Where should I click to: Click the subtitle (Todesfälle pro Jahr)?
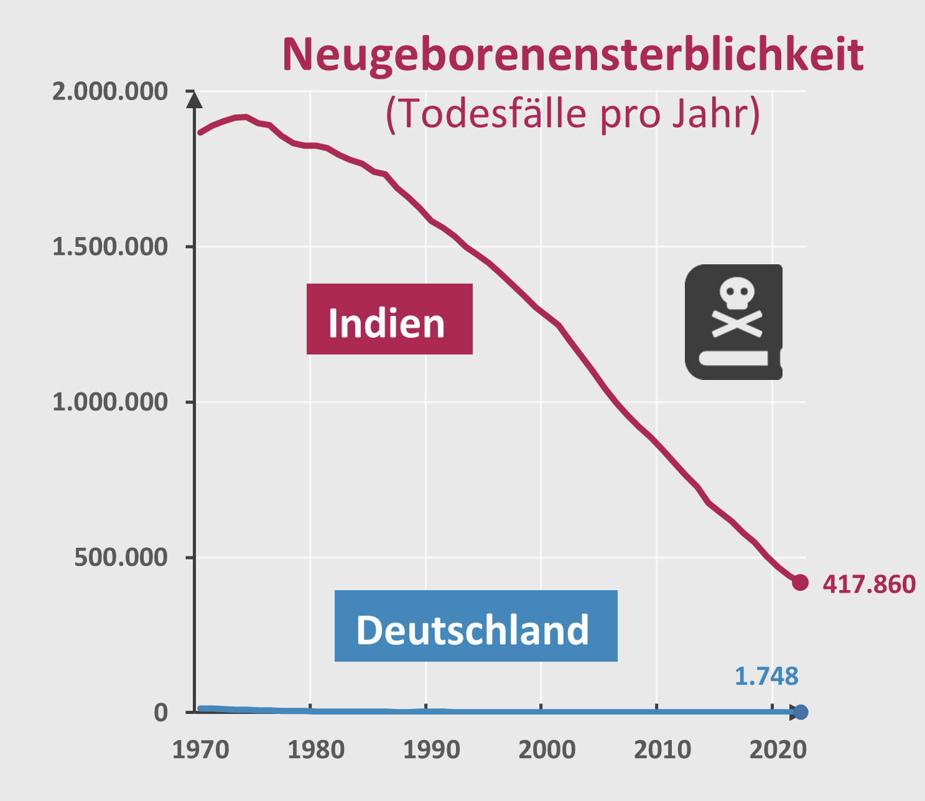[572, 114]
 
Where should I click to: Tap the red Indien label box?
[389, 319]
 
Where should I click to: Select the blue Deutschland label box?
[476, 626]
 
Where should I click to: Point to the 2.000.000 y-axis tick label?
[110, 91]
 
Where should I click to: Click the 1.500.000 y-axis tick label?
[110, 247]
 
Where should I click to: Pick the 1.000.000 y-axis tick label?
[110, 402]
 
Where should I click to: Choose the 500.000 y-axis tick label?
[121, 557]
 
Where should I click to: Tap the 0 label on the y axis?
[161, 713]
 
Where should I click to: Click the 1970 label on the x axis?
[200, 750]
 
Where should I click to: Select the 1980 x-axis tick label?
[316, 750]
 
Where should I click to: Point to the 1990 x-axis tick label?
[432, 750]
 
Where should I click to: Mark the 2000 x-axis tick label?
[547, 750]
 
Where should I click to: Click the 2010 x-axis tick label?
[662, 750]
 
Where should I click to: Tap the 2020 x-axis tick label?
[778, 750]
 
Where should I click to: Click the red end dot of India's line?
[800, 583]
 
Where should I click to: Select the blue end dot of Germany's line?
[801, 712]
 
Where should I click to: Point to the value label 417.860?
[869, 585]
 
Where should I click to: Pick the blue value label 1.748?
[766, 676]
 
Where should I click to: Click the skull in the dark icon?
[737, 294]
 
